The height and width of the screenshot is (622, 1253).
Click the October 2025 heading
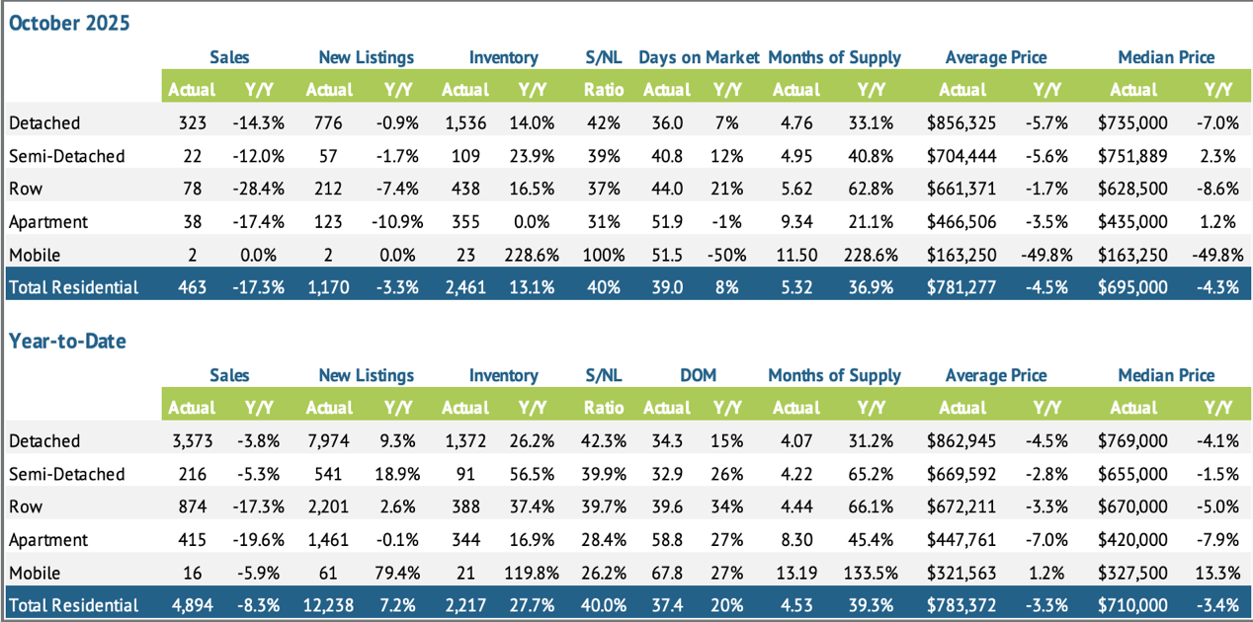pos(69,23)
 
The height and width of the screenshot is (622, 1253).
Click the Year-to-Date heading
pos(67,341)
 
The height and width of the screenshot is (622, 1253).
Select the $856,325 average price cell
pos(962,123)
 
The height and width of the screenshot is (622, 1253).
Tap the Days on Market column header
pos(699,57)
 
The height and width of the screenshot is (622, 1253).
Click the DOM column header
pos(698,375)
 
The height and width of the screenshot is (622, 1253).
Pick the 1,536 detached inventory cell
pos(465,123)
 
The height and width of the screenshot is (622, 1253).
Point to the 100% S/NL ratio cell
pos(603,255)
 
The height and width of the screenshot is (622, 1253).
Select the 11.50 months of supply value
pos(795,255)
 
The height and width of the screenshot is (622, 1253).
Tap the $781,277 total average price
pos(962,287)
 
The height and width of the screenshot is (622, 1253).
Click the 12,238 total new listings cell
pos(329,605)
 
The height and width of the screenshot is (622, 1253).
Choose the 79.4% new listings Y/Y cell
pos(398,573)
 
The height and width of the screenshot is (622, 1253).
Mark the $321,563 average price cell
pos(962,573)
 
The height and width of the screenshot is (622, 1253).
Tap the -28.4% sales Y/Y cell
pos(262,189)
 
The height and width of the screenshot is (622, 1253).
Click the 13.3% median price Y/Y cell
pos(1216,573)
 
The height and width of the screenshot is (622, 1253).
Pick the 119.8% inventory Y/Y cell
pos(532,573)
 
